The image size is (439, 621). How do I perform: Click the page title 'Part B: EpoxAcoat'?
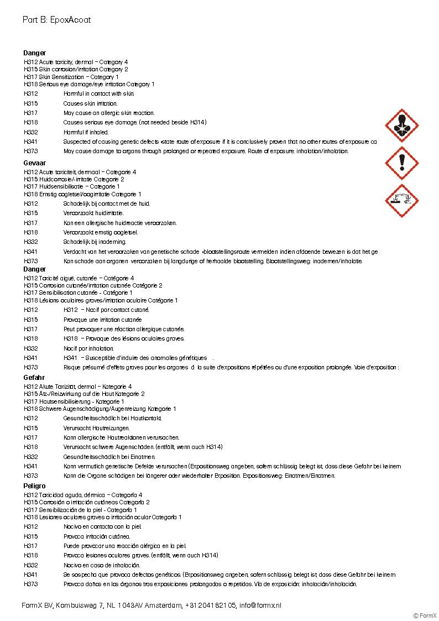[56, 20]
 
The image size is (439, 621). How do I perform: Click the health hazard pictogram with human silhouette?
[401, 125]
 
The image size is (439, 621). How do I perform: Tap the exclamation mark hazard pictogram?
[401, 163]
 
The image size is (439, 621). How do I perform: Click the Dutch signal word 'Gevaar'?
[34, 164]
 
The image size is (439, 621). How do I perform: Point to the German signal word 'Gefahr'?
[34, 378]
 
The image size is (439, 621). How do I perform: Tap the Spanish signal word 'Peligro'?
[35, 486]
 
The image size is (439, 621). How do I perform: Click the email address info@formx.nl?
[260, 606]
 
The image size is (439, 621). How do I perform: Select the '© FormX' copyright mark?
[425, 615]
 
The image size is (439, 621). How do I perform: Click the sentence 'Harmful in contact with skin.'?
[98, 94]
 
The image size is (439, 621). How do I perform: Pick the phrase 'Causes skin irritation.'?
[90, 103]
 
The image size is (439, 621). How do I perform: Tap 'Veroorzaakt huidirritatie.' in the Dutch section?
[93, 213]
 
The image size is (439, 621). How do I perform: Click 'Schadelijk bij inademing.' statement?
[95, 242]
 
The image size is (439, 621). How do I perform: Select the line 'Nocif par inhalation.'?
[88, 348]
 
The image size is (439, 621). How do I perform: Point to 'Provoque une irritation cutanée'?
[102, 320]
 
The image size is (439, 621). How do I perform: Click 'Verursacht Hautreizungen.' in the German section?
[97, 428]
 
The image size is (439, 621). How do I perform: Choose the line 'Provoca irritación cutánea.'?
[97, 536]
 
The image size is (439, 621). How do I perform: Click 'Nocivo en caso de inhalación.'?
[102, 565]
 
